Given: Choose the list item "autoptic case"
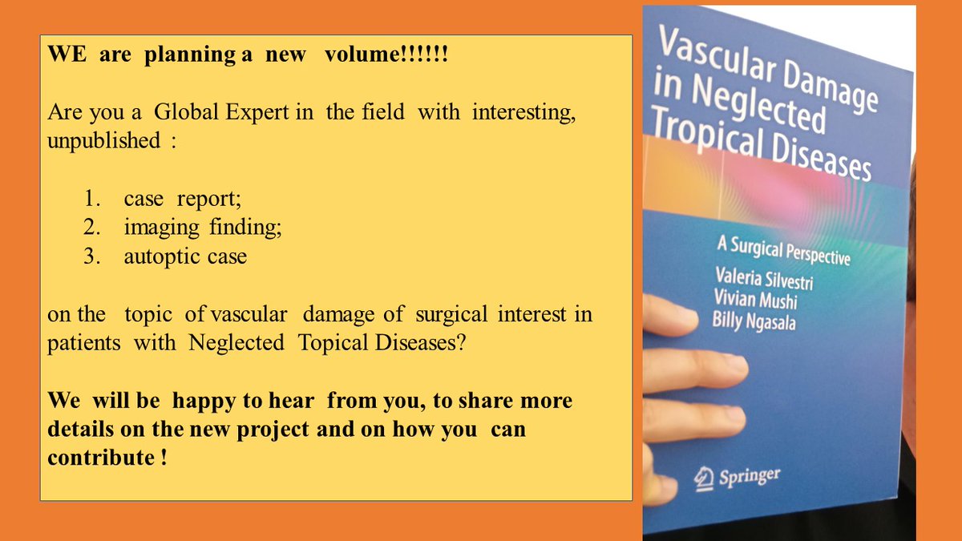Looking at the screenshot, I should (x=185, y=256).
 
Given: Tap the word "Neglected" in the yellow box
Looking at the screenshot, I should (x=237, y=342).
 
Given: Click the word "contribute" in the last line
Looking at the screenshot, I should (x=97, y=458).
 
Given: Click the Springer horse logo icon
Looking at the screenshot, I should (x=702, y=478).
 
